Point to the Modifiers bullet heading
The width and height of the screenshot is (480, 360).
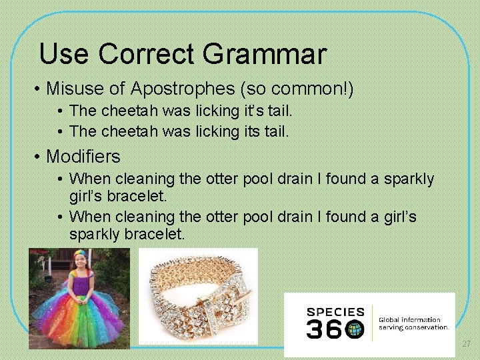tap(83, 157)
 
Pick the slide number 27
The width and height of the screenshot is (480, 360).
tap(466, 344)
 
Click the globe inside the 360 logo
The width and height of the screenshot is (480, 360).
tap(354, 329)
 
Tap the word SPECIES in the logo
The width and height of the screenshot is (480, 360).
tap(335, 312)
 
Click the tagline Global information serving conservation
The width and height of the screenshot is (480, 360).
tap(413, 323)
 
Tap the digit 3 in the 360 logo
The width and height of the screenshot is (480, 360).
tap(315, 329)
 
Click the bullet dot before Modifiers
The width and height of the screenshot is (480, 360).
tap(38, 157)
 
